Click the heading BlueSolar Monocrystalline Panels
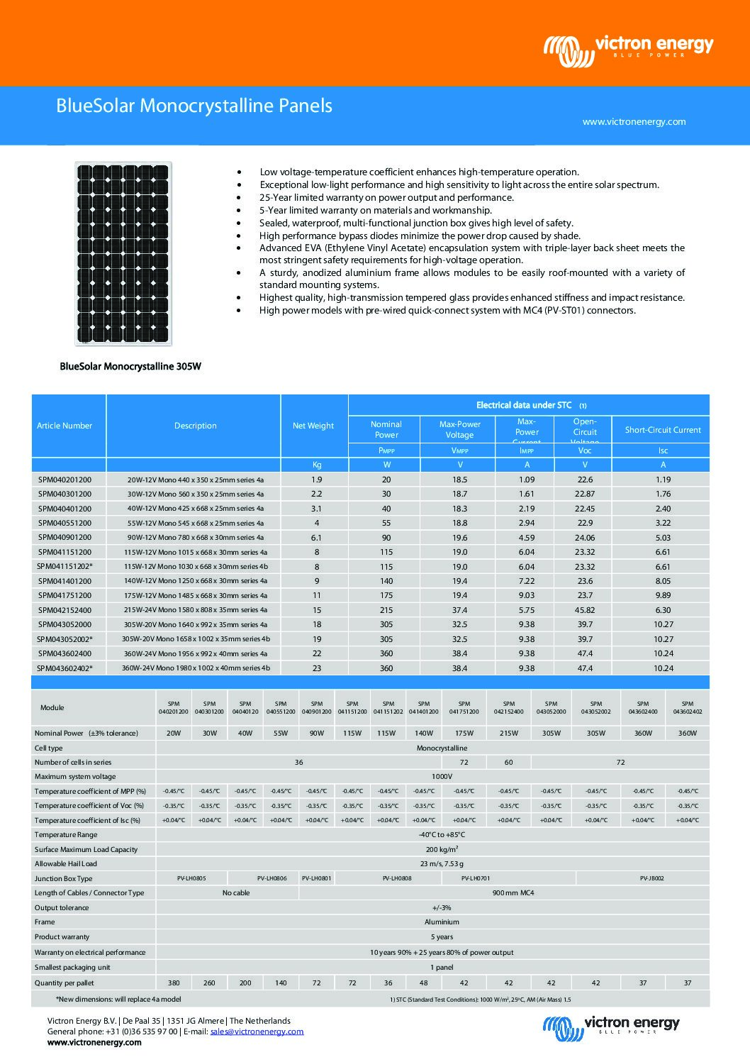click(x=194, y=106)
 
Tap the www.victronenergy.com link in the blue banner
click(x=634, y=121)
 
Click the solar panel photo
click(x=123, y=253)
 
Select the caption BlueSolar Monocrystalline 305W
click(x=130, y=367)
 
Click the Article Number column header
click(x=65, y=426)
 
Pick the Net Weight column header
click(x=313, y=426)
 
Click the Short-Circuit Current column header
click(x=663, y=430)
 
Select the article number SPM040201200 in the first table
click(x=65, y=480)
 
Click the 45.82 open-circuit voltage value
click(x=584, y=610)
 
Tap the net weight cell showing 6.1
click(x=316, y=538)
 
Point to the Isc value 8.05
click(x=663, y=581)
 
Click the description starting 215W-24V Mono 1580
click(x=195, y=610)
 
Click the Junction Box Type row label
click(x=64, y=878)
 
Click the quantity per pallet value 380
click(x=173, y=983)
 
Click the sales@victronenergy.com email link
click(x=257, y=1031)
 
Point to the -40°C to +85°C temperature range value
click(x=442, y=835)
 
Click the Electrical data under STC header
click(x=524, y=405)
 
